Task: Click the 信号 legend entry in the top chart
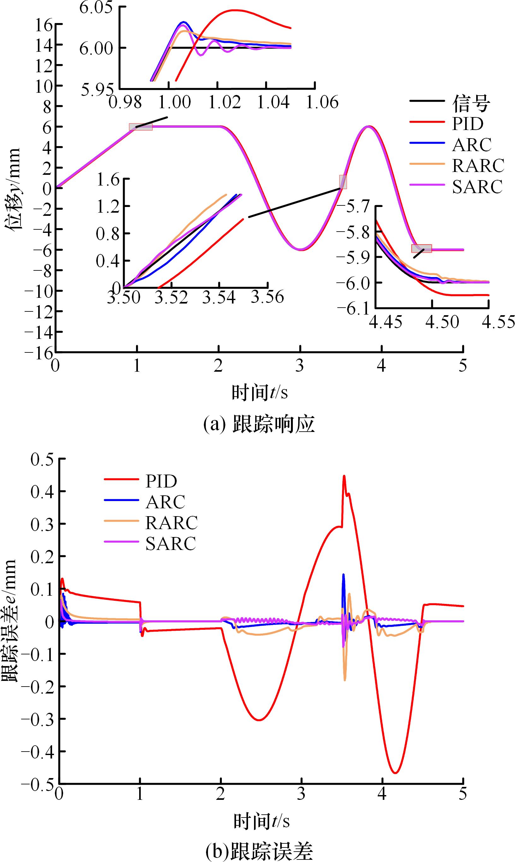(471, 103)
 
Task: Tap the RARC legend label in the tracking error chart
(171, 523)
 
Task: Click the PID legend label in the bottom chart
(161, 481)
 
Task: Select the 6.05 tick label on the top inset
(96, 8)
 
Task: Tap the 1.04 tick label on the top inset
(273, 102)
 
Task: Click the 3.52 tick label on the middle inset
(171, 297)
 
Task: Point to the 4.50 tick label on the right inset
(442, 322)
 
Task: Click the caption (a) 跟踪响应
(259, 424)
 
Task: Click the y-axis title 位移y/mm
(13, 189)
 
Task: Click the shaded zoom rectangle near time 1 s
(140, 127)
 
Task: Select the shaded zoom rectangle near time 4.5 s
(422, 248)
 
